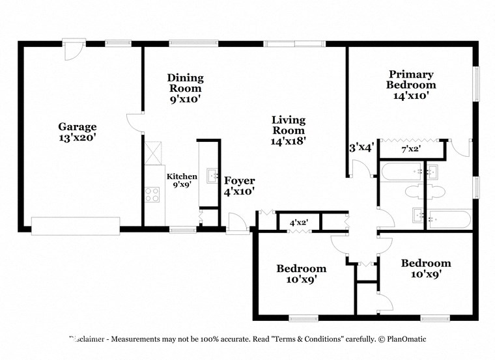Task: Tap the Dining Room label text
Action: tap(186, 83)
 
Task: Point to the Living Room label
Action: tap(289, 125)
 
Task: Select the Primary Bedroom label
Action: tap(411, 79)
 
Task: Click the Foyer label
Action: tap(239, 181)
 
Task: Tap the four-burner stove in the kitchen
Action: tap(152, 194)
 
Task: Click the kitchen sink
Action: tap(213, 176)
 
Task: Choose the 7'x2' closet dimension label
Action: tap(410, 149)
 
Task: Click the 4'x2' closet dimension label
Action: tap(299, 223)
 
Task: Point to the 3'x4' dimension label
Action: tap(361, 148)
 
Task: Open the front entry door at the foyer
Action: tap(236, 224)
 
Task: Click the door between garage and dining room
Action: tap(135, 123)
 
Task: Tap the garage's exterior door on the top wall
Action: tap(73, 50)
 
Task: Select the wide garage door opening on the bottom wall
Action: tap(76, 226)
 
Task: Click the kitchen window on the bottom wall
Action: tap(182, 229)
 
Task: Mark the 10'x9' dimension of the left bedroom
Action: tap(301, 280)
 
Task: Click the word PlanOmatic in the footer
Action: tap(403, 339)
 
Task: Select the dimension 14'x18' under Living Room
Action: tap(289, 139)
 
